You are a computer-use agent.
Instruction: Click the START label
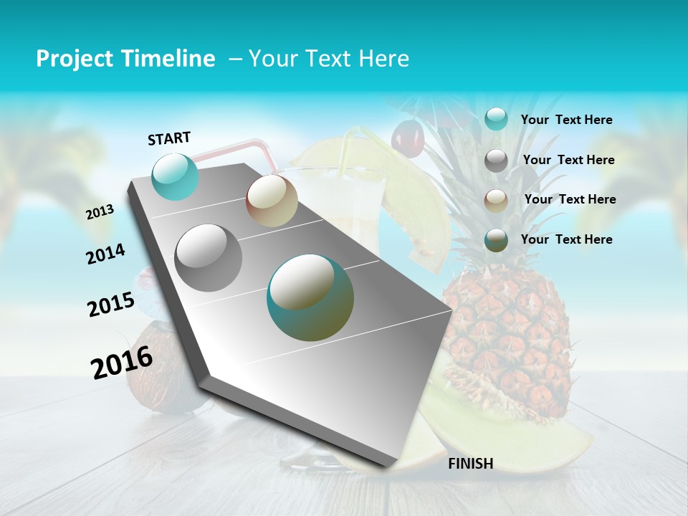point(169,138)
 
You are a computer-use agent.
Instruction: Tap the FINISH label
point(470,464)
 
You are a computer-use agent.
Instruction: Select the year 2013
point(100,211)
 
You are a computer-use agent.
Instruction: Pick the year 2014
point(105,254)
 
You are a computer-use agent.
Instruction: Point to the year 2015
point(111,305)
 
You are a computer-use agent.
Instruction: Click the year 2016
point(122,362)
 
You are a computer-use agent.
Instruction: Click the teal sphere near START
point(176,176)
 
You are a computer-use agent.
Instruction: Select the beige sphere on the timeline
point(272,201)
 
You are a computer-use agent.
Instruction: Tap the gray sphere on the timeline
point(209,258)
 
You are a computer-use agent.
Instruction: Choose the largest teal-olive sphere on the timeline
point(310,297)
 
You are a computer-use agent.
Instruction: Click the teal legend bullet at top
point(496,119)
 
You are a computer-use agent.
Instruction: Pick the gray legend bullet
point(496,161)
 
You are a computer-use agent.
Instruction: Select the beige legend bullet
point(496,201)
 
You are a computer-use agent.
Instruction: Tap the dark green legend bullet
point(496,240)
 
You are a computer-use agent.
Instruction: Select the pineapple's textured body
point(505,330)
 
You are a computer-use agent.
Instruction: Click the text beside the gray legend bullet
point(568,160)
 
